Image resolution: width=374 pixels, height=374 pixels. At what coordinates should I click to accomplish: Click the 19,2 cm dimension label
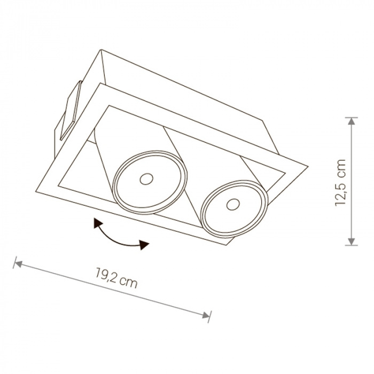pos(116,278)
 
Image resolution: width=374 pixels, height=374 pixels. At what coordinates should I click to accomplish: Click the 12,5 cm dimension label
pos(340,183)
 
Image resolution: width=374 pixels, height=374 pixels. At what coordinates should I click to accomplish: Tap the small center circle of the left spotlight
pos(146,179)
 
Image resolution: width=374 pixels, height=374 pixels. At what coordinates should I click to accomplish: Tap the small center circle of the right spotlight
pos(233,205)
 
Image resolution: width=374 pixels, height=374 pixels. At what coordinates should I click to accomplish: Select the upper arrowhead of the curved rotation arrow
pos(98,223)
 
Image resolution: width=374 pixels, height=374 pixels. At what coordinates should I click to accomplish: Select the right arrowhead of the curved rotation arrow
pos(144,245)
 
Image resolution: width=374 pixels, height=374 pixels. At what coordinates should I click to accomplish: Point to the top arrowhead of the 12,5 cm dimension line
pos(352,121)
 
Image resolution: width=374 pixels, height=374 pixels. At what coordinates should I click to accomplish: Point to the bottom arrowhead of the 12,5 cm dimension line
pos(352,241)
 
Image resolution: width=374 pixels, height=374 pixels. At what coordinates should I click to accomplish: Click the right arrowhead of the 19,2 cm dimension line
pos(206,315)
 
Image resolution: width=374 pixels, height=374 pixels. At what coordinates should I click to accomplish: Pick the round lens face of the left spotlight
pos(150,182)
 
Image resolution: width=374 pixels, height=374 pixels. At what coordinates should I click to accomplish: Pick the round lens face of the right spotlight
pos(235,209)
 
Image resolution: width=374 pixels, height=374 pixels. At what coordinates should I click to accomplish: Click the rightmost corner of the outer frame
pos(308,166)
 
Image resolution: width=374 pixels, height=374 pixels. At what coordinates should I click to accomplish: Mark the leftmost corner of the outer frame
pos(36,191)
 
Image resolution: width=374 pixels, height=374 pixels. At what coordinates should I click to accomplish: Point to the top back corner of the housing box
pos(102,50)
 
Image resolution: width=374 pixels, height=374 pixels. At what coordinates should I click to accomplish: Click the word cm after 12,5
pos(340,169)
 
